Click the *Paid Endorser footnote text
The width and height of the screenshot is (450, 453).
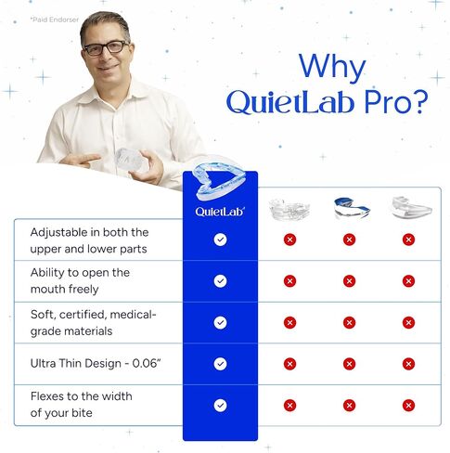[54, 19]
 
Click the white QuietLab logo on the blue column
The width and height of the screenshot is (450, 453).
[220, 212]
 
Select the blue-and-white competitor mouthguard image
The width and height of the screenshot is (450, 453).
[349, 208]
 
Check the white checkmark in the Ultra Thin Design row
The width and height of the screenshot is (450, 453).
[220, 364]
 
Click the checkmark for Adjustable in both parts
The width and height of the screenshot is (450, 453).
[220, 239]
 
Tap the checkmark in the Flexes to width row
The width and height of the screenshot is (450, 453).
[220, 405]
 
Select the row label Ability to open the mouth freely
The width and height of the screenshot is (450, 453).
[80, 280]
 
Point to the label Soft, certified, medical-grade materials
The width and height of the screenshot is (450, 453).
[93, 322]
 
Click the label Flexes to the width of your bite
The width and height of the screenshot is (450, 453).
[81, 405]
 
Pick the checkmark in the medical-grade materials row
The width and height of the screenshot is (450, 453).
[220, 322]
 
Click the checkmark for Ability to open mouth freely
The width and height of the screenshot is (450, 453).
[220, 280]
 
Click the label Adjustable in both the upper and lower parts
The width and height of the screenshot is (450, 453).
[89, 239]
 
